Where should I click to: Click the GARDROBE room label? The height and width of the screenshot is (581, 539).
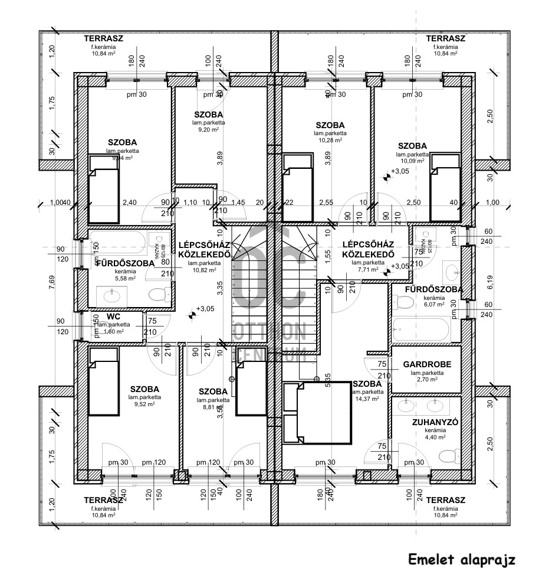click(x=427, y=365)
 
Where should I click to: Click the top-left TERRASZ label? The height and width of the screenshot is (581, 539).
click(x=103, y=38)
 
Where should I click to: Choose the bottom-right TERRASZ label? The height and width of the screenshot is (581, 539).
click(x=445, y=500)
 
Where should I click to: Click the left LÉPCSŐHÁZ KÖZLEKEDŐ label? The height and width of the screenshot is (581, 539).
click(x=203, y=249)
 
